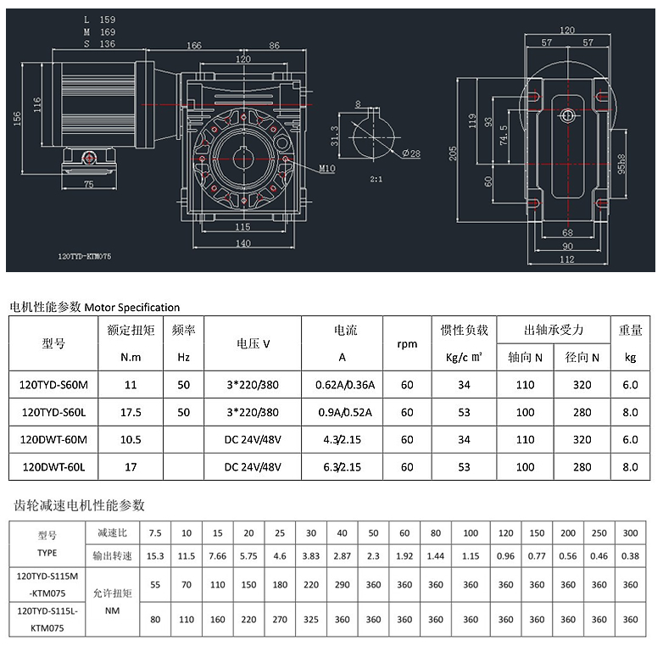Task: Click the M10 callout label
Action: point(327,168)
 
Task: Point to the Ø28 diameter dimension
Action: point(411,153)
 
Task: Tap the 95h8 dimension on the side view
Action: point(621,164)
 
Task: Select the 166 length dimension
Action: point(194,45)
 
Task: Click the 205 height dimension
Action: point(453,153)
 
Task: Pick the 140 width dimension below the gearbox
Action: point(243,243)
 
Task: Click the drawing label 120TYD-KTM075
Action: point(85,256)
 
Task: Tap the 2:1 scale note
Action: point(376,179)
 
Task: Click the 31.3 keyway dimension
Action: point(334,136)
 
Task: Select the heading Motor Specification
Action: point(132,308)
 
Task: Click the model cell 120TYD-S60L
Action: point(53,412)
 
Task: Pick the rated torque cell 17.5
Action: point(131,412)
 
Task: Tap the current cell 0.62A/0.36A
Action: point(345,385)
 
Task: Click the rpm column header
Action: point(407,344)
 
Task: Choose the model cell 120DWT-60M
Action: point(53,440)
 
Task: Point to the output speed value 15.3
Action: point(155,556)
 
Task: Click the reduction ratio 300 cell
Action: point(630,533)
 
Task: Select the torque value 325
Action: point(311,620)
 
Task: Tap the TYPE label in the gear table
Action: point(47,553)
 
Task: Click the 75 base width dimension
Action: point(88,184)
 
